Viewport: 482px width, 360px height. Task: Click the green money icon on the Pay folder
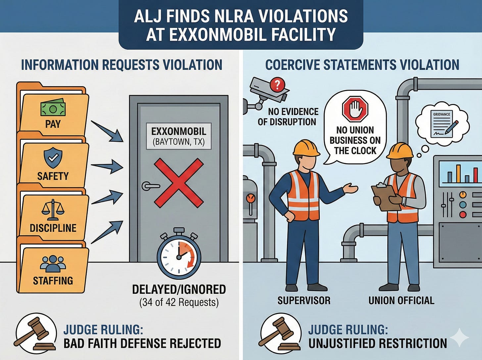53,108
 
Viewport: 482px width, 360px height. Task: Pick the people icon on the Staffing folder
53,264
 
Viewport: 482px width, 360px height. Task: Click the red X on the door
178,183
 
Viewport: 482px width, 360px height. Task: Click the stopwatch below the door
179,255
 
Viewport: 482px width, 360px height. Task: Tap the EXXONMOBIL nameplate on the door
178,136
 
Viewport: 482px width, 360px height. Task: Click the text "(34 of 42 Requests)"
179,302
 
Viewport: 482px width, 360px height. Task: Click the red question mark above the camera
277,84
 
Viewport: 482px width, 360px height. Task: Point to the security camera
266,91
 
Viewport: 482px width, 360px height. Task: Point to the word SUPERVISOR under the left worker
304,300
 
